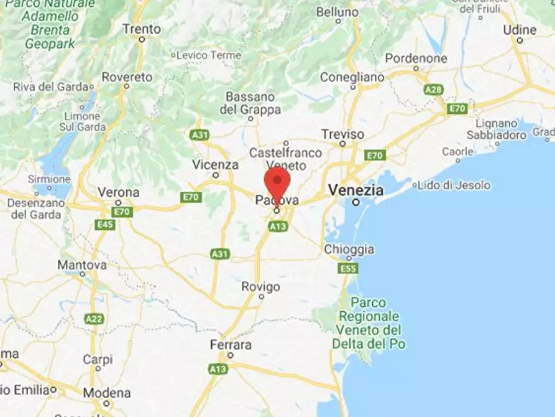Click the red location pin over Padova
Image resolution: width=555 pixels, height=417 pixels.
pos(277,182)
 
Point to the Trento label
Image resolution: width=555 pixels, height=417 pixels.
pos(141,29)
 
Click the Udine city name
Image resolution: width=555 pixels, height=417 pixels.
pos(520,29)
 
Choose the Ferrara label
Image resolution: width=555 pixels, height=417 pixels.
pos(230,345)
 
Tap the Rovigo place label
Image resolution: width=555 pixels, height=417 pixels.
pos(261,287)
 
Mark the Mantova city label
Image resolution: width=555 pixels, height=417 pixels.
pos(82,265)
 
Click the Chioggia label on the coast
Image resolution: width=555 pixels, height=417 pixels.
pos(349,249)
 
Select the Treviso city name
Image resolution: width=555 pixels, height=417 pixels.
pos(342,134)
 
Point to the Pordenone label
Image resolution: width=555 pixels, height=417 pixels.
pos(416,59)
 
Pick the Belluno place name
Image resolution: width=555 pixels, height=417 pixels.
pos(337,12)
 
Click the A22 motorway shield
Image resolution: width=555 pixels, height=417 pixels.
pos(94,319)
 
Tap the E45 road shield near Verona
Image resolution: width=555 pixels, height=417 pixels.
pos(105,224)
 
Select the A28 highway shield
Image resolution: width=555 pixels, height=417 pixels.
pos(433,90)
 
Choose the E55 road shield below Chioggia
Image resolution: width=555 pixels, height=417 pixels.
pos(348,268)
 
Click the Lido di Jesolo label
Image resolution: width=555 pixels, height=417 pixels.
pos(454,185)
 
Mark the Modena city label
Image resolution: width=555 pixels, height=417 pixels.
pos(107,393)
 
